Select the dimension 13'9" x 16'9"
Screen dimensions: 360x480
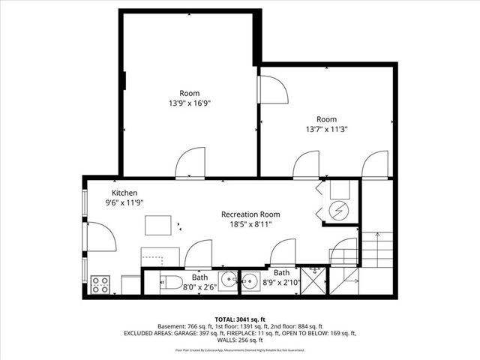click(189, 103)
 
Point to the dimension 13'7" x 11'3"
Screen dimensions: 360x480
click(326, 129)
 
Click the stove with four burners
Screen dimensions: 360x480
click(100, 285)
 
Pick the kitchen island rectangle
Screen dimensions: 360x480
click(158, 226)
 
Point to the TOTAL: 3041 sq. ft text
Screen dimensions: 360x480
click(240, 318)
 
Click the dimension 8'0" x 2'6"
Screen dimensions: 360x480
click(199, 286)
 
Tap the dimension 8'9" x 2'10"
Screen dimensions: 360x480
click(281, 282)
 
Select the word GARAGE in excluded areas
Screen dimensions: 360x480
click(190, 333)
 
